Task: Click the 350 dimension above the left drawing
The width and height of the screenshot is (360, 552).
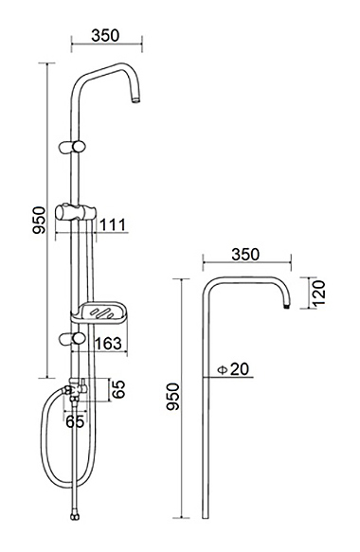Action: pyautogui.click(x=105, y=36)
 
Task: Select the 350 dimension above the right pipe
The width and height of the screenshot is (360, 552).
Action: pyautogui.click(x=245, y=254)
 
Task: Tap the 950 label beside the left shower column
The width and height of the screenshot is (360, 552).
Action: pyautogui.click(x=39, y=221)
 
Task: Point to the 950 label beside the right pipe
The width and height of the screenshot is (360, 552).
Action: pyautogui.click(x=173, y=397)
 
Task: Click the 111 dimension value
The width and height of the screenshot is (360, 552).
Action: pyautogui.click(x=113, y=225)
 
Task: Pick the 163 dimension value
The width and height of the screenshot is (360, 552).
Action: pyautogui.click(x=109, y=344)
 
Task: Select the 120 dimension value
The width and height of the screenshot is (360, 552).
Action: pyautogui.click(x=319, y=294)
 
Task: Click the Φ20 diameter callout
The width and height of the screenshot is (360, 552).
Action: pyautogui.click(x=233, y=369)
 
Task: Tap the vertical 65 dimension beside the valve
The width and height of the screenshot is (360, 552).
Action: pyautogui.click(x=119, y=389)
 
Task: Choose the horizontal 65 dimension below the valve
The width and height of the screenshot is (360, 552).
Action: pyautogui.click(x=76, y=421)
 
